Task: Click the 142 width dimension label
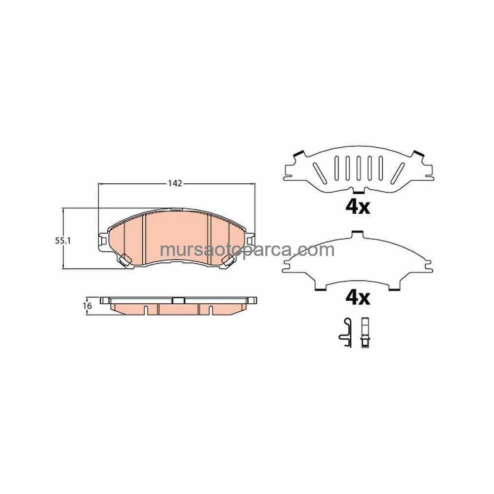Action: [175, 183]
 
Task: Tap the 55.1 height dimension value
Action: [63, 241]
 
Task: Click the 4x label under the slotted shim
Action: [358, 207]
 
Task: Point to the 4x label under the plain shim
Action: [358, 298]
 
